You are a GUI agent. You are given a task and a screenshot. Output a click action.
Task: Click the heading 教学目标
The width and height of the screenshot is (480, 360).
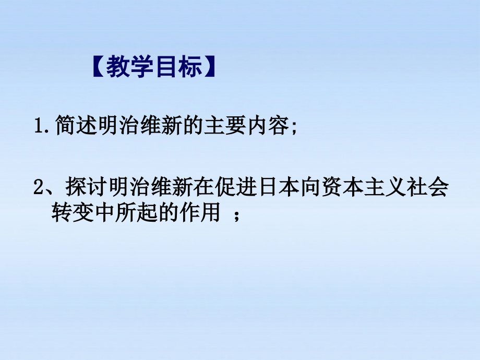pyautogui.click(x=154, y=68)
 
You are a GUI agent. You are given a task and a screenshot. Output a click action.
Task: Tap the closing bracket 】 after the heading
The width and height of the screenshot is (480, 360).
pyautogui.click(x=210, y=68)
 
